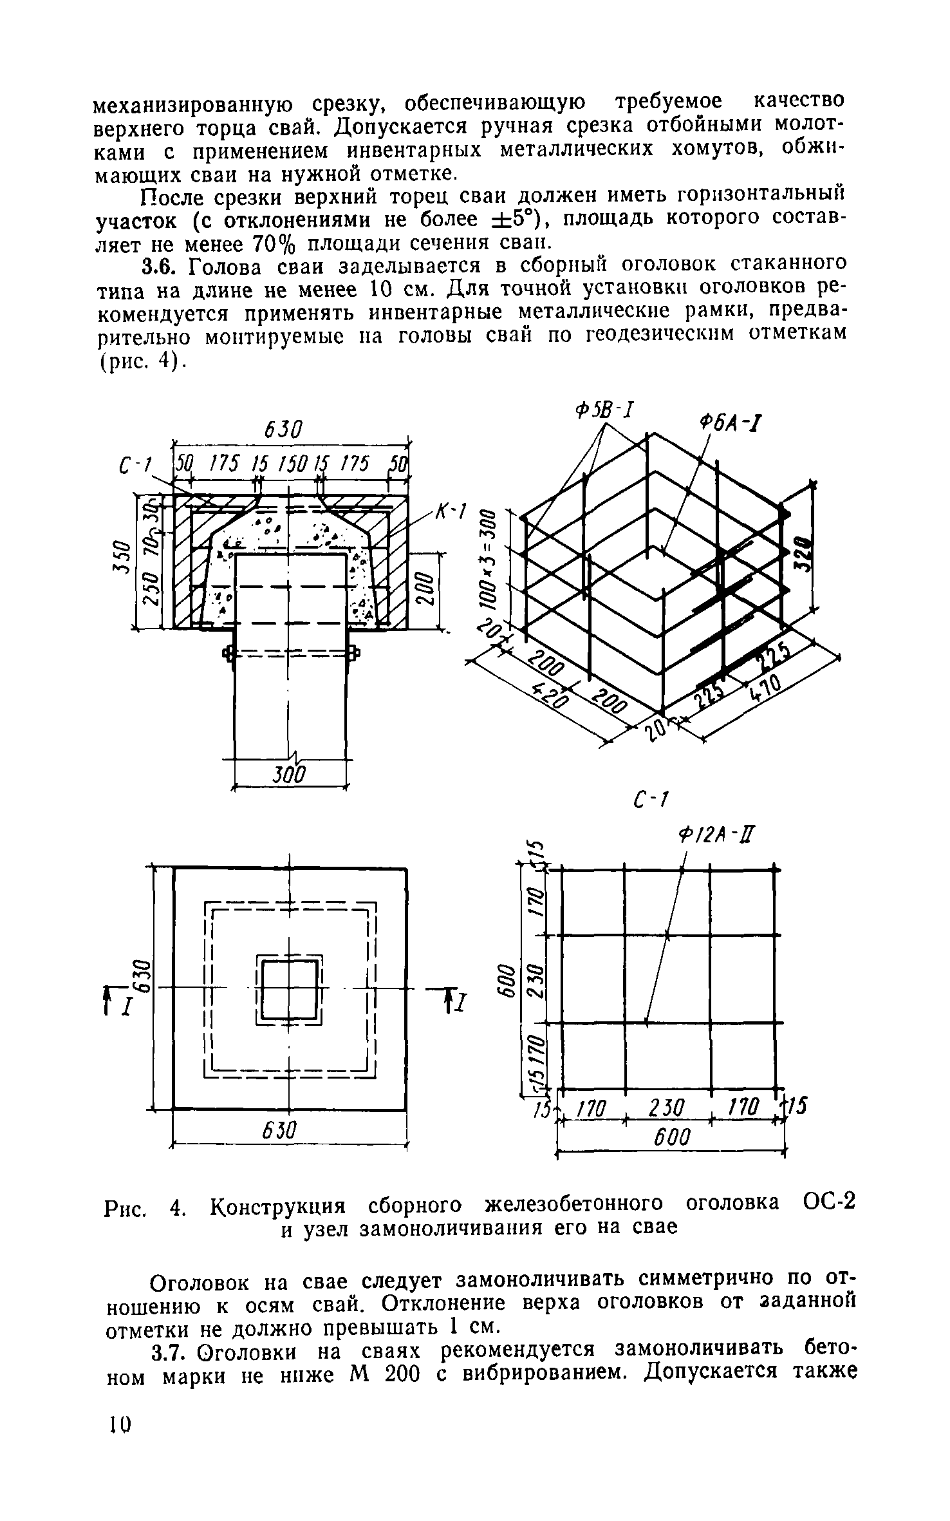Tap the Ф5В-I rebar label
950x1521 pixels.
[604, 408]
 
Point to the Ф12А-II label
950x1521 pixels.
[714, 836]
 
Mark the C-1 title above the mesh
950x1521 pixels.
[652, 801]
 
